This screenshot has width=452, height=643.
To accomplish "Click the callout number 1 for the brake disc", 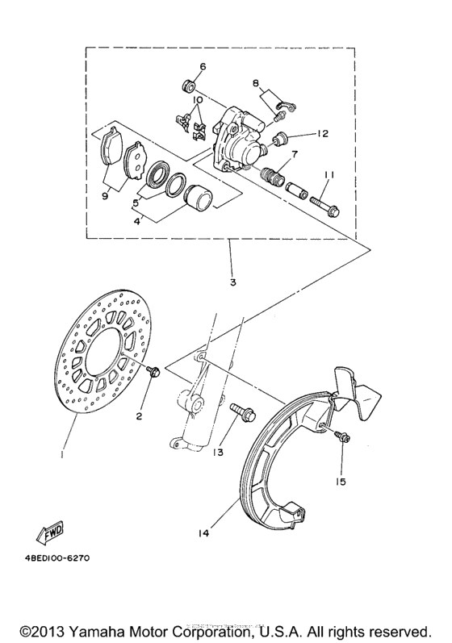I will tap(62, 454).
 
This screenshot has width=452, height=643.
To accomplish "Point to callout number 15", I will tap(341, 482).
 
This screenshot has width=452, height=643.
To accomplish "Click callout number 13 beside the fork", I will tap(218, 453).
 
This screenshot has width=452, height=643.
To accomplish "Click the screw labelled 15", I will tap(342, 437).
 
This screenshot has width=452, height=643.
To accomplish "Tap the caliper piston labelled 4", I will tap(197, 197).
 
